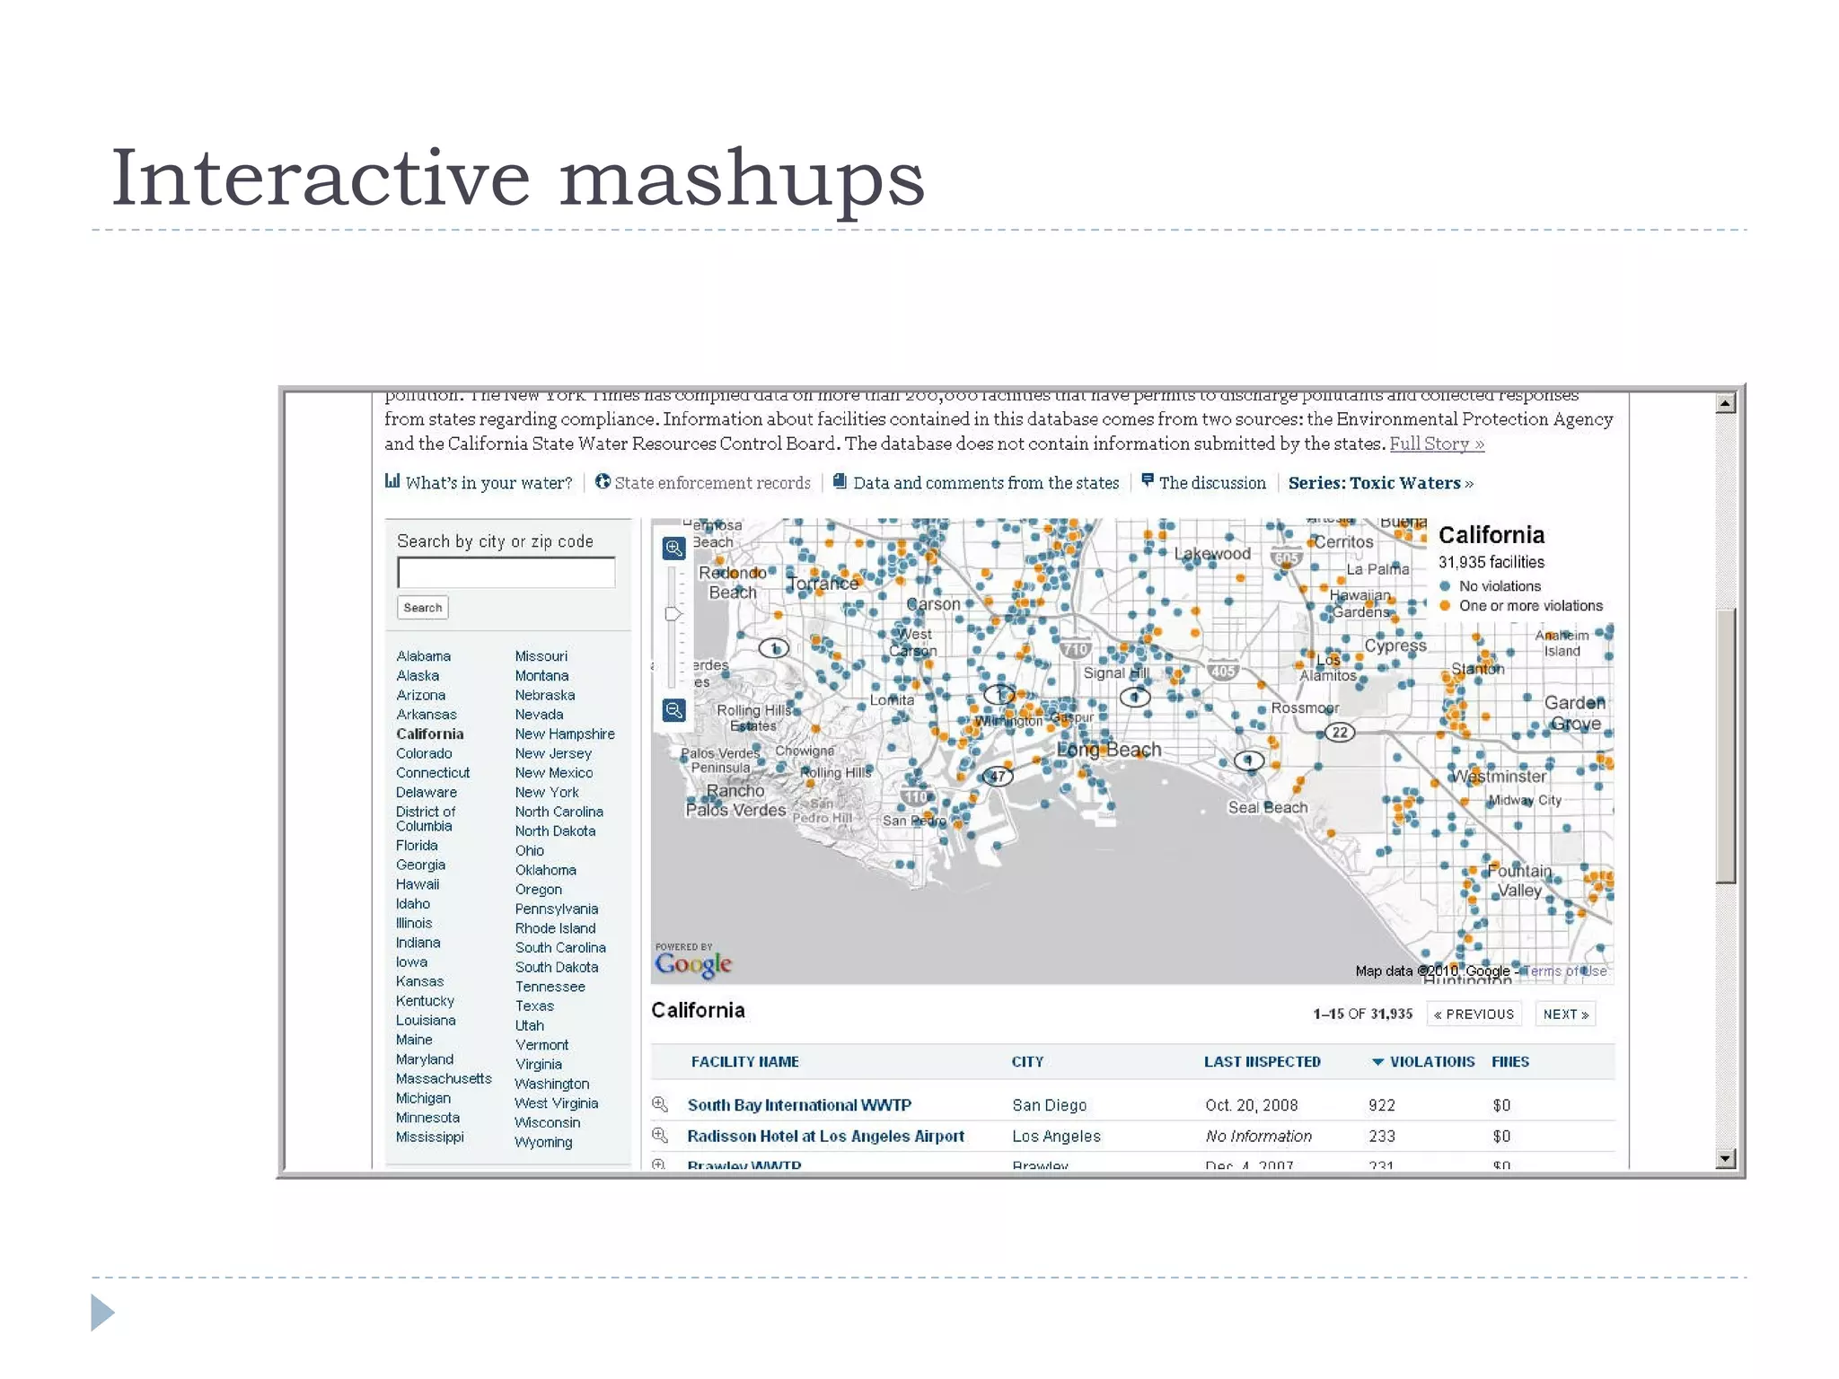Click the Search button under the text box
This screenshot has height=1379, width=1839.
pyautogui.click(x=422, y=608)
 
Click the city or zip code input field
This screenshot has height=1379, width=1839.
pyautogui.click(x=506, y=572)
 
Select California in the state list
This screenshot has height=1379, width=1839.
pyautogui.click(x=429, y=734)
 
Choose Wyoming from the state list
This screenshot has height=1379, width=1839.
pyautogui.click(x=543, y=1142)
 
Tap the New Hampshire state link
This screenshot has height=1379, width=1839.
pyautogui.click(x=565, y=734)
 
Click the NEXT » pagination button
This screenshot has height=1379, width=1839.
pyautogui.click(x=1565, y=1014)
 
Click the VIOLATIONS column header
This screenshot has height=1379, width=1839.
pyautogui.click(x=1431, y=1062)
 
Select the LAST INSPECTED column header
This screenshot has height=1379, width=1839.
pyautogui.click(x=1262, y=1062)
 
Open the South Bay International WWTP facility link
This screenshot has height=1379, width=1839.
pyautogui.click(x=799, y=1105)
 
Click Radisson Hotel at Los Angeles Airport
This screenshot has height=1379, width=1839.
pyautogui.click(x=825, y=1137)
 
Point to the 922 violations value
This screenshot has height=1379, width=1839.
pyautogui.click(x=1382, y=1105)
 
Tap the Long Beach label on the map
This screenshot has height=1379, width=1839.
pyautogui.click(x=1109, y=750)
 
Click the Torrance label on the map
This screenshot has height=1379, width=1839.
pyautogui.click(x=823, y=584)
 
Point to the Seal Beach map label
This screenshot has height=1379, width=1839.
pyautogui.click(x=1267, y=807)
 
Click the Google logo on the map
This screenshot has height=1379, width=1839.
pyautogui.click(x=693, y=963)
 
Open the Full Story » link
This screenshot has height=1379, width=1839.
pyautogui.click(x=1436, y=444)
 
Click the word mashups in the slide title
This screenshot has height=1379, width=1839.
pyautogui.click(x=742, y=178)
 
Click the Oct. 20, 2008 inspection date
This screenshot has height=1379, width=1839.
pyautogui.click(x=1251, y=1105)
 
